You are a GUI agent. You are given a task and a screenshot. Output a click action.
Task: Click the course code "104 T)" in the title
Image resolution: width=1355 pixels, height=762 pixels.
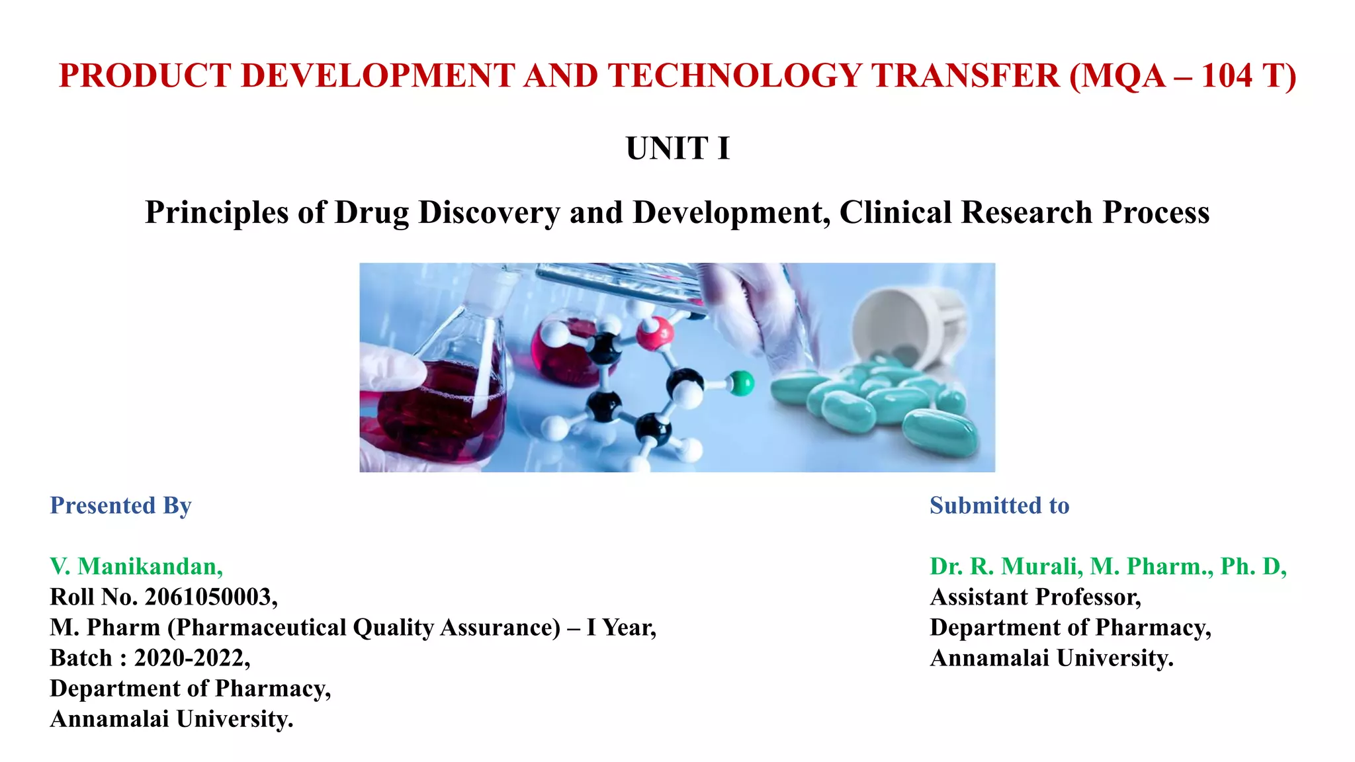click(1248, 75)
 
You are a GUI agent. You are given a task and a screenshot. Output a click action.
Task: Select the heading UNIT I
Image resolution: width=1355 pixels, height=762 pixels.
click(677, 148)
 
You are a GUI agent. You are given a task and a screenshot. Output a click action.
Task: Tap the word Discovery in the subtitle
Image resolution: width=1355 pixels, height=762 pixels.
click(489, 213)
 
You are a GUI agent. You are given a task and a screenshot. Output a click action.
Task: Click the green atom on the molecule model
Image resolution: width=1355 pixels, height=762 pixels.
click(742, 383)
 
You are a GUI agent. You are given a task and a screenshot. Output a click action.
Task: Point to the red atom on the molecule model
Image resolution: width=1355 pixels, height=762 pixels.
click(654, 333)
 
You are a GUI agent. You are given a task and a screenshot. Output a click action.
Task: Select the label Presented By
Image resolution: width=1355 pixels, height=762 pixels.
click(120, 505)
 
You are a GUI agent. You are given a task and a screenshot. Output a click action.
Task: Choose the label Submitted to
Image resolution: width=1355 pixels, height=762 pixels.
click(999, 505)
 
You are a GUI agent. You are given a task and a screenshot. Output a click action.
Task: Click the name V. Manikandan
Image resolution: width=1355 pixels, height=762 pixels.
click(136, 566)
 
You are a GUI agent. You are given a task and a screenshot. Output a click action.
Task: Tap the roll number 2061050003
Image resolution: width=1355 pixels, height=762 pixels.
click(208, 597)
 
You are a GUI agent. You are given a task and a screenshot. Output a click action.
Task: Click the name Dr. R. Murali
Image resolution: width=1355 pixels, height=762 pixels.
click(1006, 566)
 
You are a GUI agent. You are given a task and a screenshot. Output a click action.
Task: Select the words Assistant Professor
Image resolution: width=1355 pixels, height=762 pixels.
click(1035, 597)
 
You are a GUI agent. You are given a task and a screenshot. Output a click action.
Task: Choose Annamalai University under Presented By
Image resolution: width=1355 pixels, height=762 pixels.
click(171, 718)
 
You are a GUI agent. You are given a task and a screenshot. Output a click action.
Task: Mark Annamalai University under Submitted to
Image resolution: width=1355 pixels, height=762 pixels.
click(1051, 657)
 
